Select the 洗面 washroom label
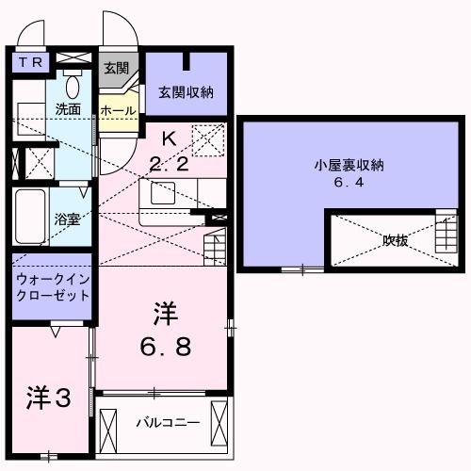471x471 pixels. point(67,108)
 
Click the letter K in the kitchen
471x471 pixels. point(169,138)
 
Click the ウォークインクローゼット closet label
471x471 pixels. point(53,285)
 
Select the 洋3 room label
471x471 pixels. point(48,399)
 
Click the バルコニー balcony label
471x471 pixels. point(167,422)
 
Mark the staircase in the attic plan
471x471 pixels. point(444,232)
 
